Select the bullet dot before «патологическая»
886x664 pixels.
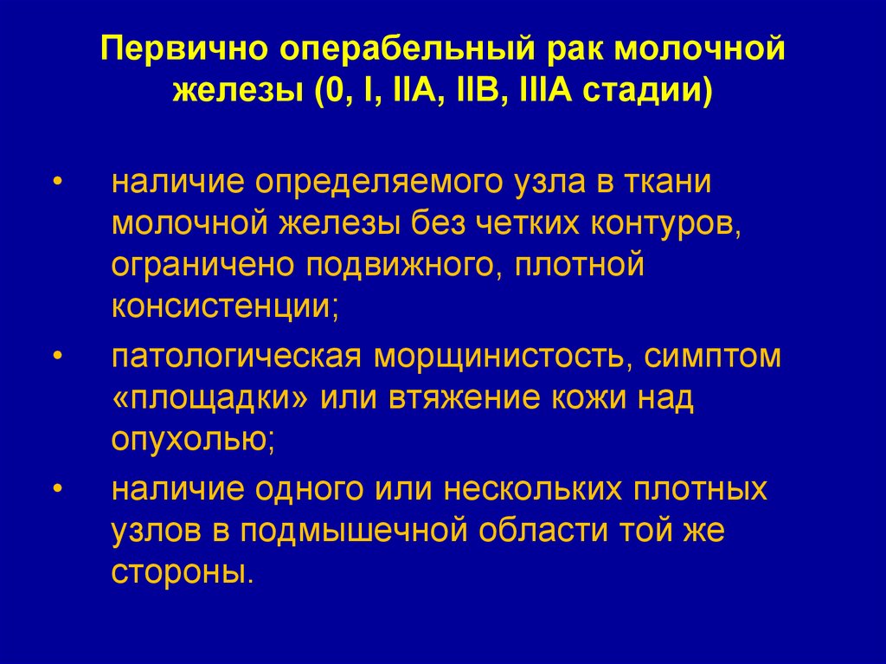(x=57, y=357)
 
